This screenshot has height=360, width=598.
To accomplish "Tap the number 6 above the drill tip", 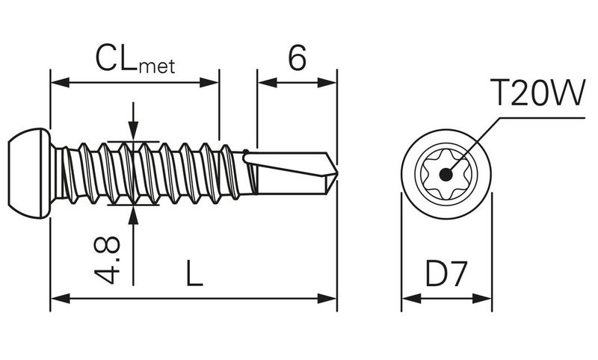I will tap(297, 58).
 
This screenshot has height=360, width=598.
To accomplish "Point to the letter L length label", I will tap(194, 276).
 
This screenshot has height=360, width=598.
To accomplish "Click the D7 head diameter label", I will tap(446, 276).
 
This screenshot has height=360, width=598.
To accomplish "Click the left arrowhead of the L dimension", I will tap(57, 298).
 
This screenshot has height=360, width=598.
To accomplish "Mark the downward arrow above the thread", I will tap(133, 133).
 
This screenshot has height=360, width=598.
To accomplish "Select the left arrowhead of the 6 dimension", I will tap(264, 81).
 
